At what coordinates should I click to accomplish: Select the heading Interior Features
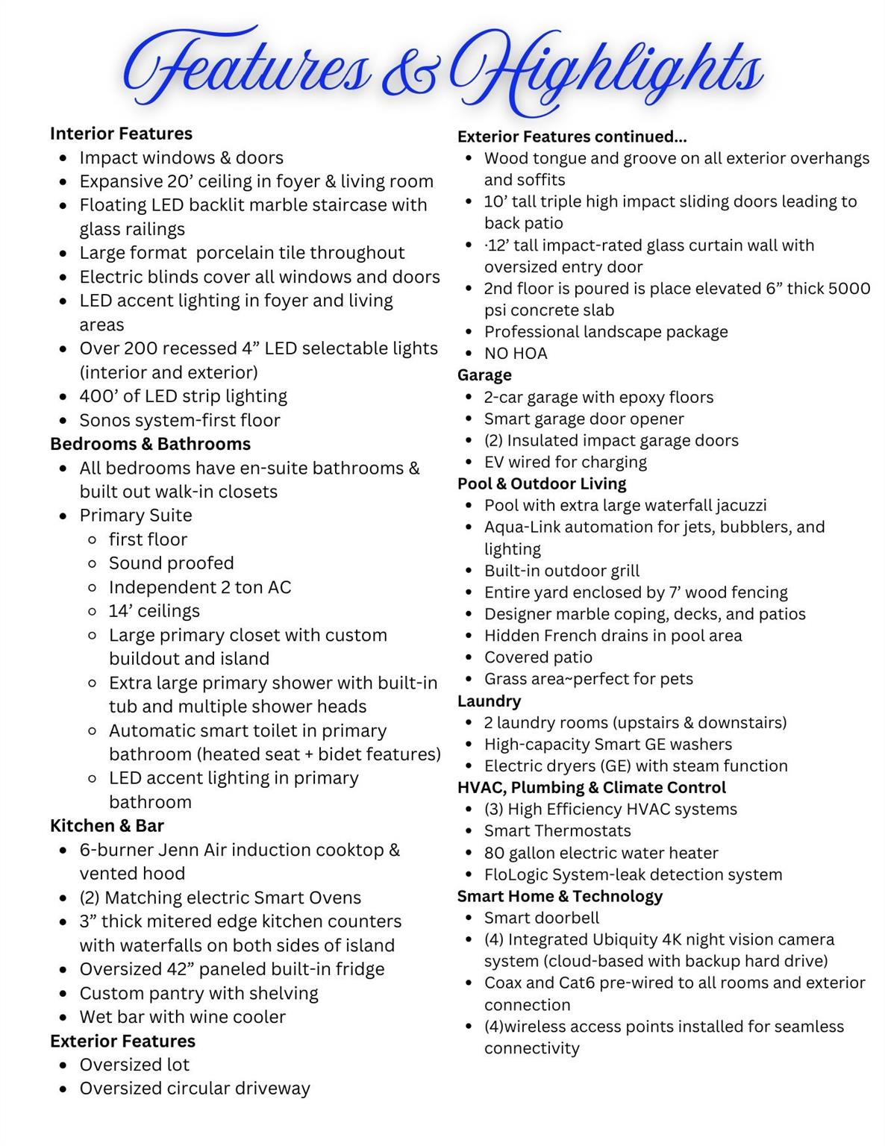click(x=121, y=134)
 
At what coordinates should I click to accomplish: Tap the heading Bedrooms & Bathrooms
click(x=150, y=444)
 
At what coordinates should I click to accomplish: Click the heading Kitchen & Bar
click(x=107, y=826)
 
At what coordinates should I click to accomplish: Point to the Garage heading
click(x=484, y=375)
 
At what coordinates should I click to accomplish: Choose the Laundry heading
click(x=489, y=701)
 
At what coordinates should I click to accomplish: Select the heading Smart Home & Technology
click(x=560, y=896)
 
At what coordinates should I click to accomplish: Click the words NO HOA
click(x=516, y=354)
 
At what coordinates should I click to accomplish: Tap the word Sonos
click(x=103, y=420)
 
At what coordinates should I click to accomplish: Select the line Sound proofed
click(x=171, y=563)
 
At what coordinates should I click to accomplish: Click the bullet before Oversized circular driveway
click(x=64, y=1089)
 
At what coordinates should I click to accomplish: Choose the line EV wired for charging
click(x=565, y=463)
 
